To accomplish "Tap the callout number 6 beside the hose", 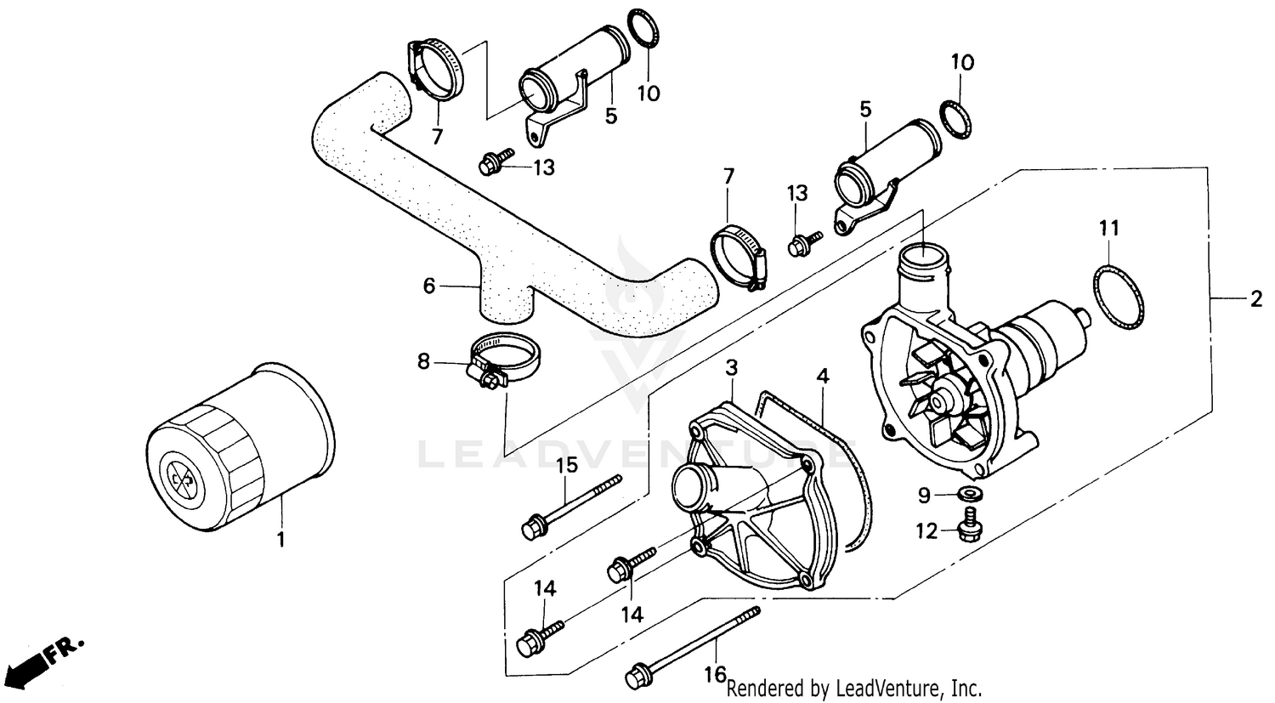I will coord(429,286).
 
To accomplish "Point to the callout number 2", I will coord(1255,298).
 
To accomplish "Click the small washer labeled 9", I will coord(966,494).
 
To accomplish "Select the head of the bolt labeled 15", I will coord(533,528).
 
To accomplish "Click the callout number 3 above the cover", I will coord(731,367).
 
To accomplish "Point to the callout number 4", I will coord(822,375).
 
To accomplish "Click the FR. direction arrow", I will coord(47,658).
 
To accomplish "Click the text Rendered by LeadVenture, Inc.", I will coord(855,687).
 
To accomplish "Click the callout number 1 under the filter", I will coord(282,539).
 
